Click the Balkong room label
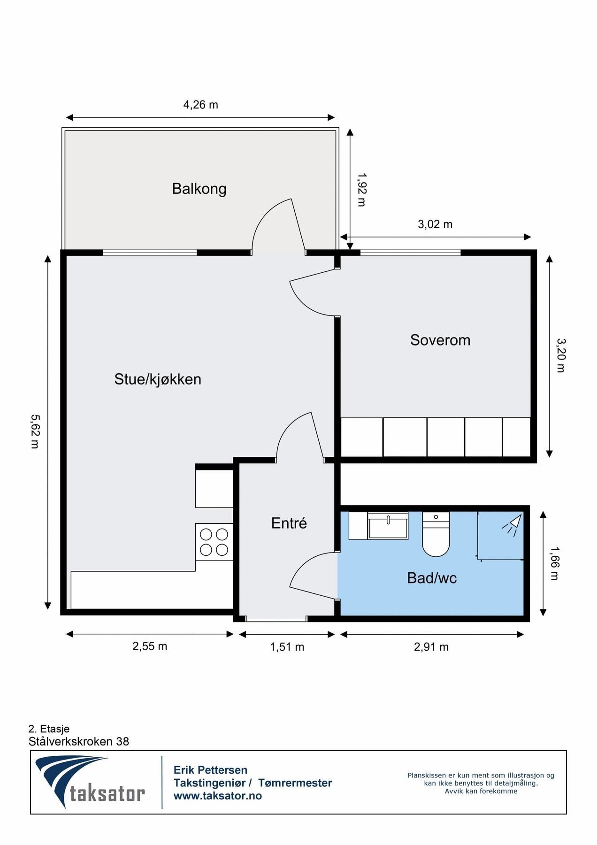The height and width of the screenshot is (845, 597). click(199, 189)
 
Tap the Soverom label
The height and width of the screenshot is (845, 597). click(440, 340)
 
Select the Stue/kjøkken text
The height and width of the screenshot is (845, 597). click(158, 379)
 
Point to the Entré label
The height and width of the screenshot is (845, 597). click(289, 523)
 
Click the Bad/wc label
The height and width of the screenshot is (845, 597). click(432, 578)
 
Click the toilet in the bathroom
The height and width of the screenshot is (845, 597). click(436, 534)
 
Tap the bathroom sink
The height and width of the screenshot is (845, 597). click(388, 526)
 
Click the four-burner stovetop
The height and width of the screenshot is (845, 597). click(214, 542)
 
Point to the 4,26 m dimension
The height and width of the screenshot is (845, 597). click(201, 105)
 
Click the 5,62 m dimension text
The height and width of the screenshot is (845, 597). click(35, 431)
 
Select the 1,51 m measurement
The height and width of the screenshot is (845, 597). click(287, 647)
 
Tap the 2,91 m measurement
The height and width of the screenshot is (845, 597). click(431, 647)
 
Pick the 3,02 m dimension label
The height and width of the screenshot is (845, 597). click(435, 224)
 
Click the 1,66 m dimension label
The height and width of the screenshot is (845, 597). click(555, 563)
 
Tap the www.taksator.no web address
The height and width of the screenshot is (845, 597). click(218, 796)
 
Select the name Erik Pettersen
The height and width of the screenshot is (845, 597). click(210, 770)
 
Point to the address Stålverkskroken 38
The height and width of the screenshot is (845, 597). click(79, 741)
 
